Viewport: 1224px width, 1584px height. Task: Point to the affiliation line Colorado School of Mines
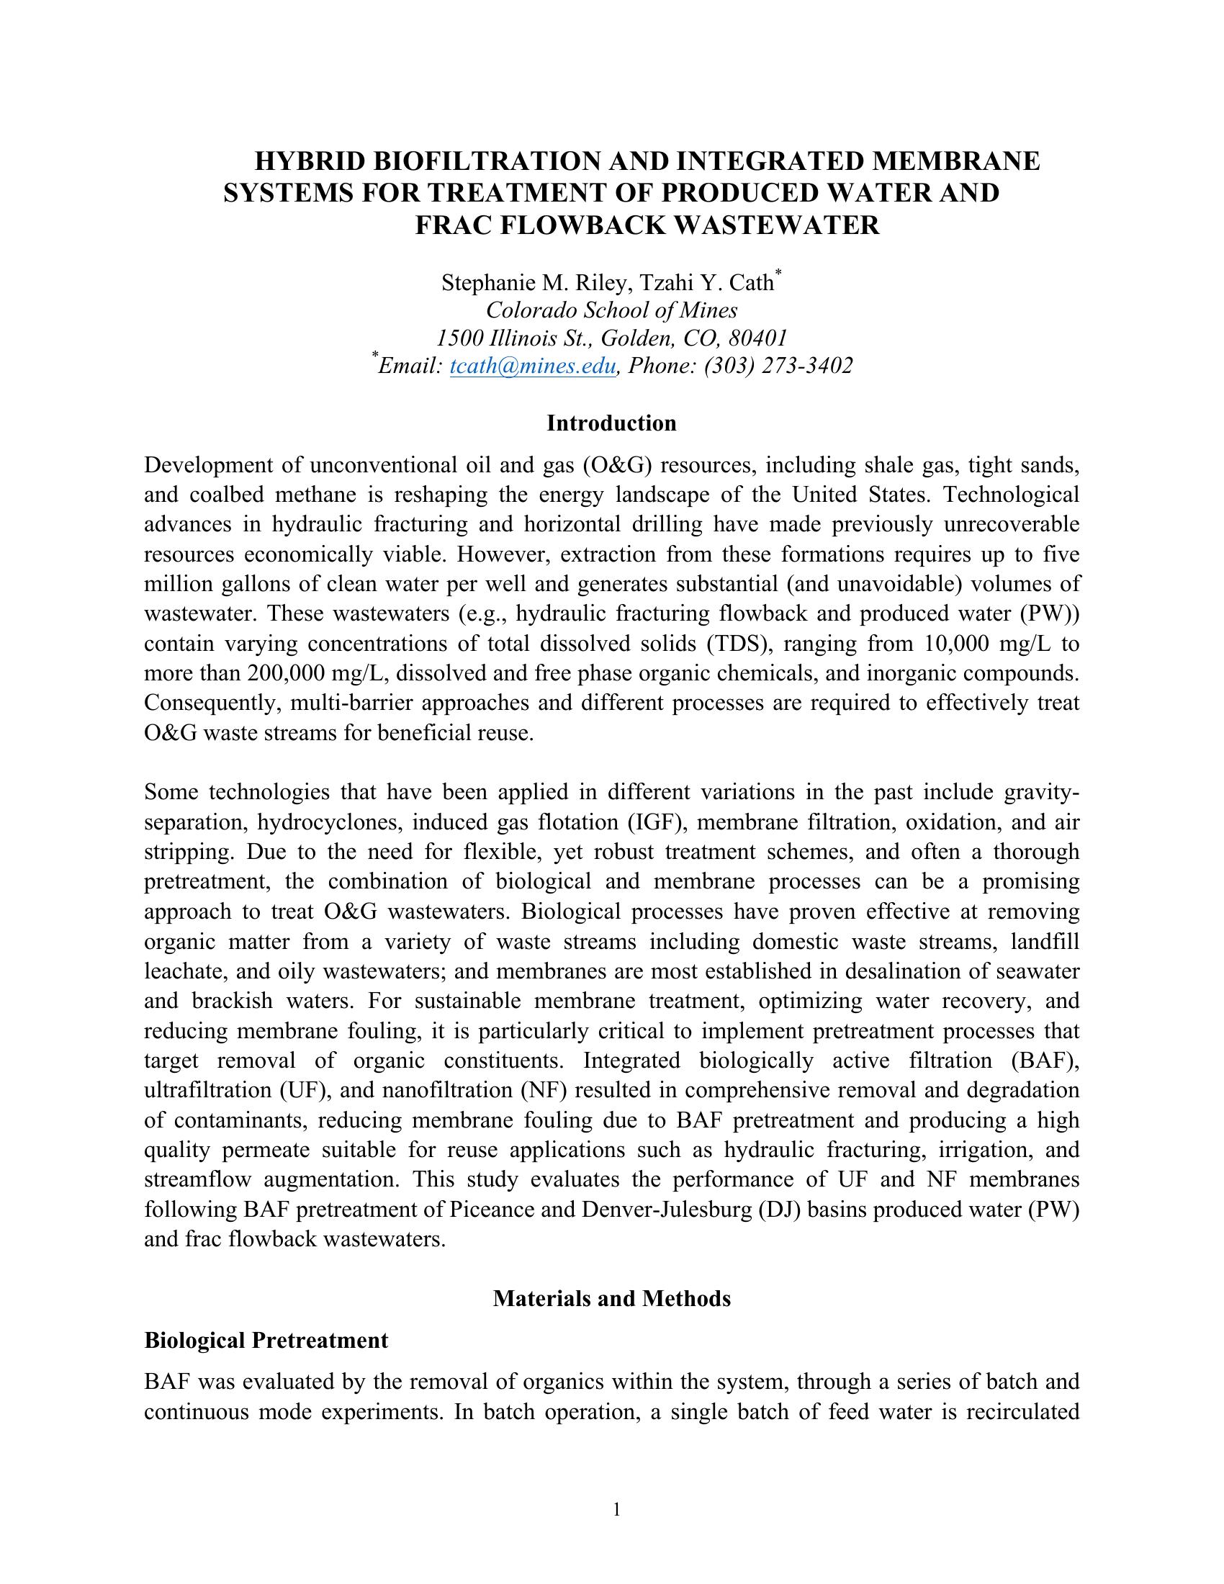point(611,310)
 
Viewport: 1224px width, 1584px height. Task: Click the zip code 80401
point(757,338)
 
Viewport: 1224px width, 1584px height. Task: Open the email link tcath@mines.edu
point(533,366)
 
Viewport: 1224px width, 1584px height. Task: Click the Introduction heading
point(611,423)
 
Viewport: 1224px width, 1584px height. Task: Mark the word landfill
point(1044,942)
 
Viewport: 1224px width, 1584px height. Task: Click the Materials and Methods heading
point(611,1298)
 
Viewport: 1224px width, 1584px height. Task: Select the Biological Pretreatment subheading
point(266,1340)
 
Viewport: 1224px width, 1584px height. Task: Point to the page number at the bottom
point(616,1510)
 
